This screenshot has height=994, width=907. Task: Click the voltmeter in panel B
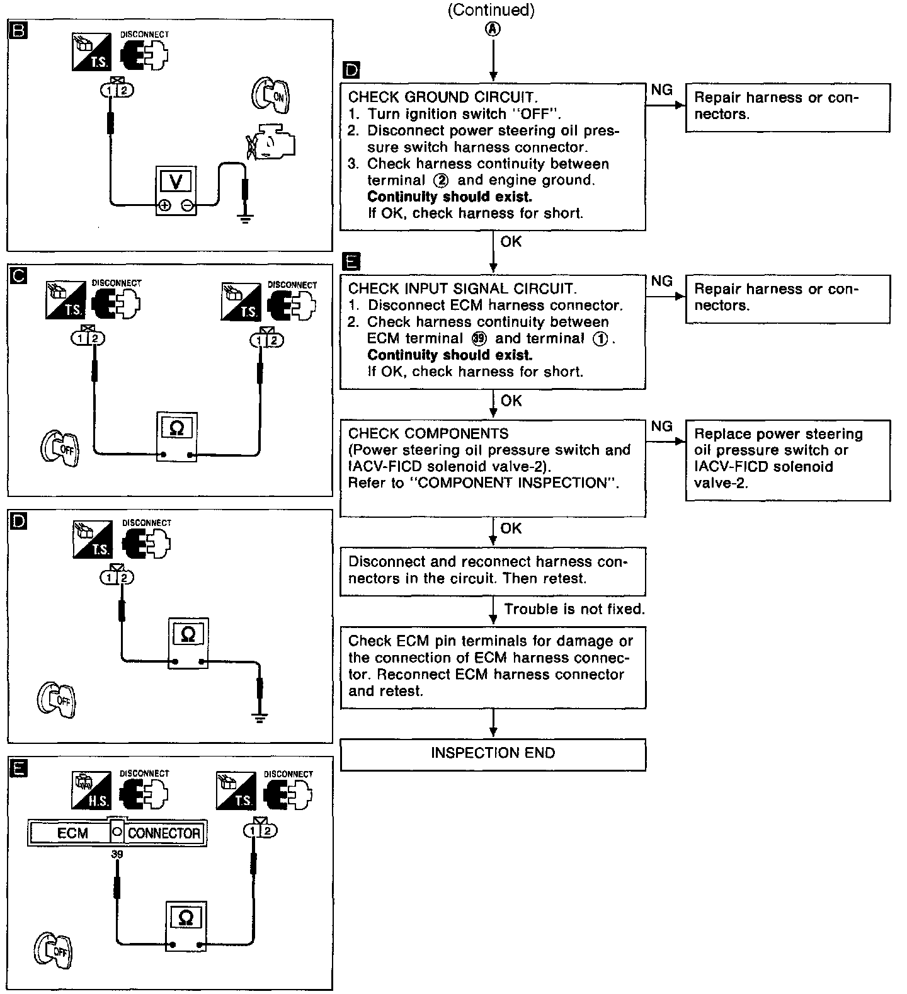pos(176,191)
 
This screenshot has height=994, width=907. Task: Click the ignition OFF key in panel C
pos(60,448)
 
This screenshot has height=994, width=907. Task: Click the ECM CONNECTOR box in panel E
pos(118,833)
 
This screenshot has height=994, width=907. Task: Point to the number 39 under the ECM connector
pos(117,854)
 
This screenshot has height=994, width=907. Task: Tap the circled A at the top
pos(493,29)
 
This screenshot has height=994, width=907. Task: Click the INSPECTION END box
pos(493,754)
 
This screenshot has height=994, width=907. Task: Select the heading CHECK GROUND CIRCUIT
pos(443,97)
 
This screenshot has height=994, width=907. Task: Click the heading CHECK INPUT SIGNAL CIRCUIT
pos(462,288)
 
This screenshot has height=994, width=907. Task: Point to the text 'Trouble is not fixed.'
pos(574,608)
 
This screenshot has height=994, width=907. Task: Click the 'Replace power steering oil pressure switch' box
pos(787,459)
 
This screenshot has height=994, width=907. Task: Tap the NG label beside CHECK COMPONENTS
pos(661,426)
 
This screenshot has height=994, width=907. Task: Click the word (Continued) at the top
pos(491,11)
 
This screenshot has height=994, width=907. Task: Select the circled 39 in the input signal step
pos(479,338)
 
